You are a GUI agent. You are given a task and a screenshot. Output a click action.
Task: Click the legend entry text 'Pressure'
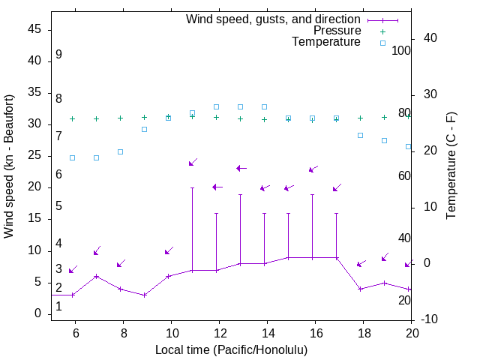tap(337, 31)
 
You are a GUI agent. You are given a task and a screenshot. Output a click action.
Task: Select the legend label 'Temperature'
tap(326, 42)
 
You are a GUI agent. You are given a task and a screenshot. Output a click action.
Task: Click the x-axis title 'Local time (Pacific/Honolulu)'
tap(231, 350)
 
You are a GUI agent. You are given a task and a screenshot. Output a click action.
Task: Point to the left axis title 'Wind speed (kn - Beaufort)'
tap(9, 166)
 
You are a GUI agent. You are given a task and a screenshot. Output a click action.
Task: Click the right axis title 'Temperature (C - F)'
tap(451, 166)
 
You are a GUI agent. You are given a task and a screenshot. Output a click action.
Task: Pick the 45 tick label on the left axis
tap(34, 29)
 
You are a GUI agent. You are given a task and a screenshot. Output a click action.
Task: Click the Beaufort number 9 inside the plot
tap(58, 55)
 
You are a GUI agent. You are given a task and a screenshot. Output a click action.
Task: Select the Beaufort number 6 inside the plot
tap(58, 175)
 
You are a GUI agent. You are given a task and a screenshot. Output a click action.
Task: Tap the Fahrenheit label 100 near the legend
tap(401, 50)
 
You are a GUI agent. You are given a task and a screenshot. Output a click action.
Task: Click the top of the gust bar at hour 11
tap(193, 187)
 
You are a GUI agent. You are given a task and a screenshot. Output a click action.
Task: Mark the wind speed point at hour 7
tap(96, 276)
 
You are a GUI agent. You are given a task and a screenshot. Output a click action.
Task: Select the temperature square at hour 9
tap(145, 129)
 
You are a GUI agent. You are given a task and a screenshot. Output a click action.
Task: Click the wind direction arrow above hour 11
tap(193, 162)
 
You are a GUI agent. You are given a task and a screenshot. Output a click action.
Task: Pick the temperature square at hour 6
tap(73, 157)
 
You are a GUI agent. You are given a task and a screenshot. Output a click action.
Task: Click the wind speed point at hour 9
tap(145, 295)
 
